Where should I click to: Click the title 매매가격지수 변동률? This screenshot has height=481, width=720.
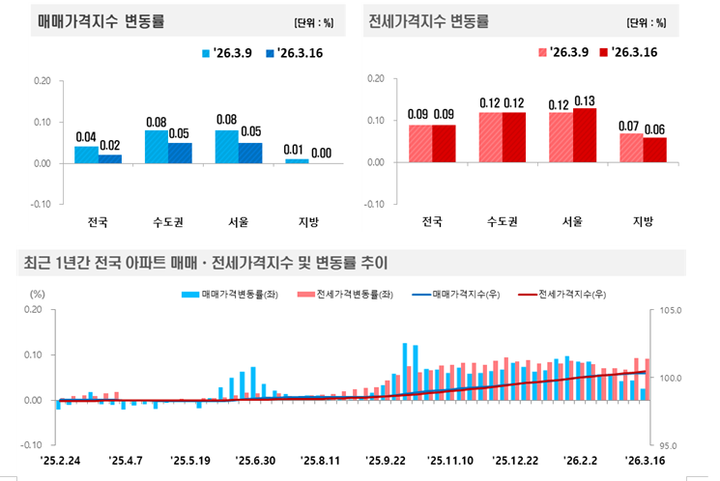pyautogui.click(x=89, y=20)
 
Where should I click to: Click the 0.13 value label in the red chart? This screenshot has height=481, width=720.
pyautogui.click(x=584, y=99)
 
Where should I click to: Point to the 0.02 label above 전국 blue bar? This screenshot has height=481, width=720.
pyautogui.click(x=110, y=145)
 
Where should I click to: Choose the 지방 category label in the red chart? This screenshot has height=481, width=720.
pyautogui.click(x=643, y=221)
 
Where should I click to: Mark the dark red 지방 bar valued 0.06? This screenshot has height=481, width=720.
pyautogui.click(x=654, y=150)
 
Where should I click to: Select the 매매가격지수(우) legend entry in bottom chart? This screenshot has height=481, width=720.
pyautogui.click(x=455, y=292)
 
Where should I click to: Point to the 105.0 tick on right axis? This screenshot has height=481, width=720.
pyautogui.click(x=670, y=311)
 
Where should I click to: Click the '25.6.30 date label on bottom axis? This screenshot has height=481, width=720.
pyautogui.click(x=256, y=462)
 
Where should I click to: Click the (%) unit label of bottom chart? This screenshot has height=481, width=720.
pyautogui.click(x=38, y=293)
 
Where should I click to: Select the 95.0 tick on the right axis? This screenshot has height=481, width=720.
pyautogui.click(x=671, y=445)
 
